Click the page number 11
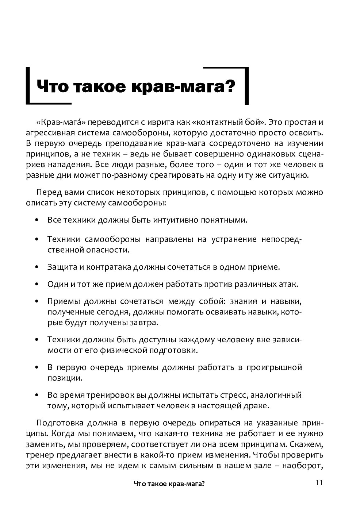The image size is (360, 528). [x=319, y=483]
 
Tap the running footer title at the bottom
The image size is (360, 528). [x=169, y=484]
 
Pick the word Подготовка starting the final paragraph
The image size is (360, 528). [x=57, y=423]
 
